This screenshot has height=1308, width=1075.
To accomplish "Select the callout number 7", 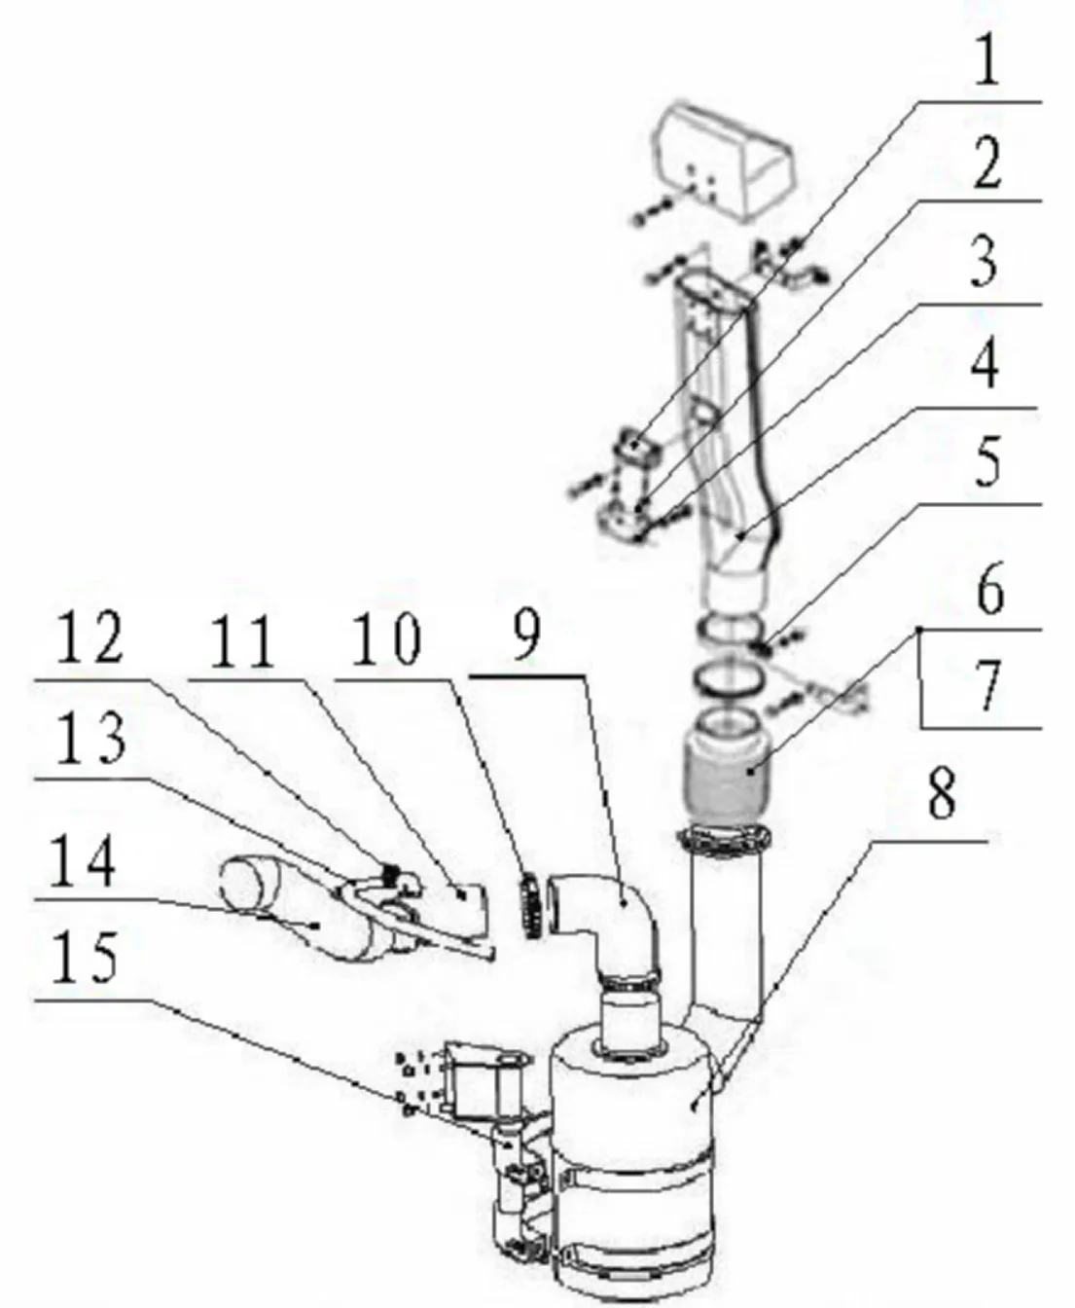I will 986,686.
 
